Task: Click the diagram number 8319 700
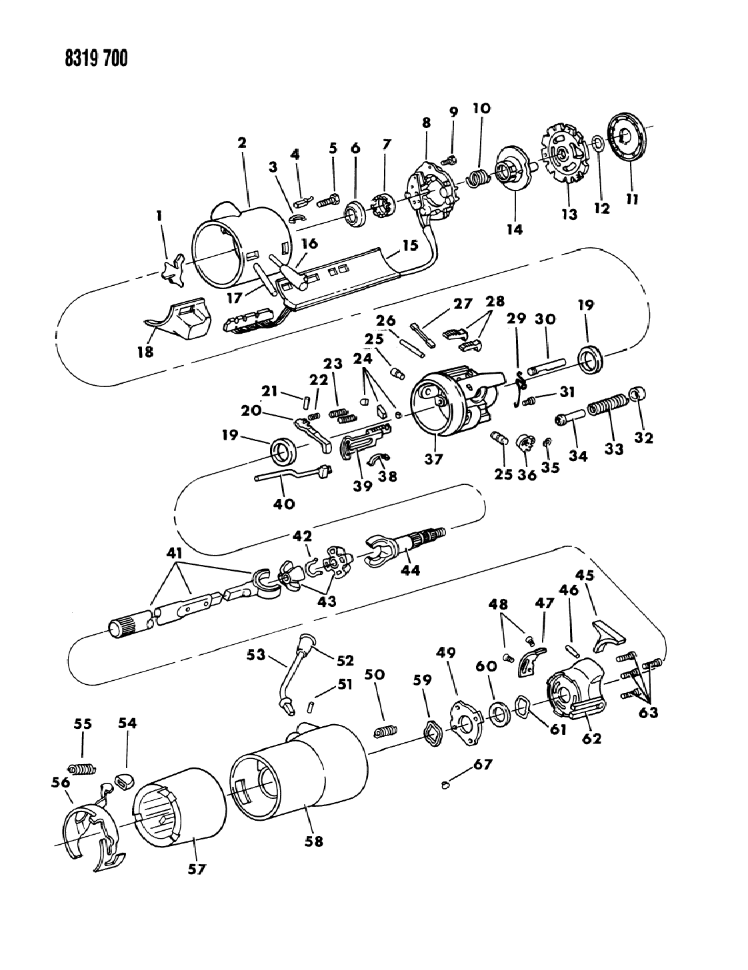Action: coord(96,58)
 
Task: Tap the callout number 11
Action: coord(632,199)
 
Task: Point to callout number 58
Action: coord(313,841)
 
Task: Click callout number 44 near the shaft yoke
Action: coord(410,570)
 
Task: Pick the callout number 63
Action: coord(648,713)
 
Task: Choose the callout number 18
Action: coord(145,352)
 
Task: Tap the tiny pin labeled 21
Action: coord(307,400)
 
